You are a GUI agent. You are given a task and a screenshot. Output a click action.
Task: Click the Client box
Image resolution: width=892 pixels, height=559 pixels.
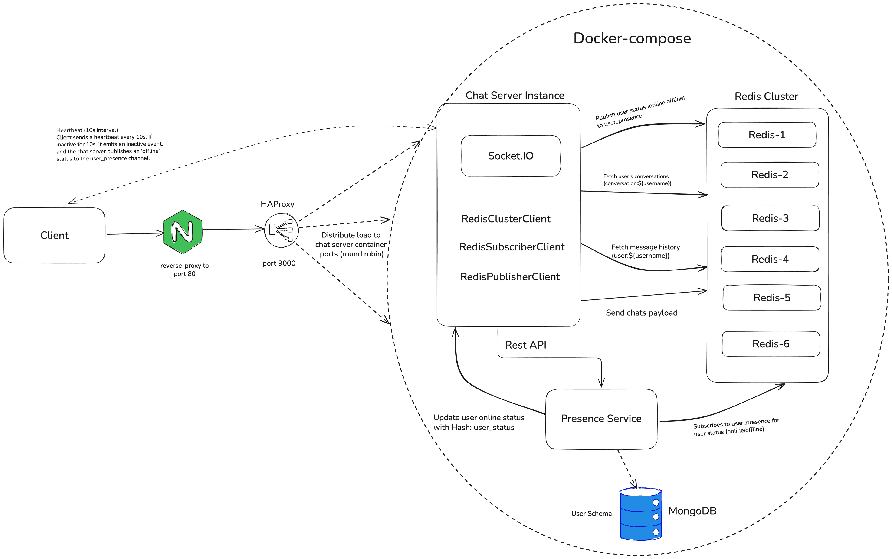[x=54, y=236]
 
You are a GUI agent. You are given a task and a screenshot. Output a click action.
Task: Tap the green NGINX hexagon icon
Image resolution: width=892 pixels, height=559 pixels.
[x=182, y=232]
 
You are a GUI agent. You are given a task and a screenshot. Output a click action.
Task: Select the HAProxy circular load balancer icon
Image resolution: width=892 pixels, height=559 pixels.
[x=281, y=230]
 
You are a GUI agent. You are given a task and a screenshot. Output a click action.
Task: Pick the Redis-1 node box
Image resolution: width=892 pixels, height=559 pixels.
[x=767, y=135]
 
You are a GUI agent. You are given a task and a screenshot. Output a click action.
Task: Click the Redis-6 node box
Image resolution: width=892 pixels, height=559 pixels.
[x=771, y=344]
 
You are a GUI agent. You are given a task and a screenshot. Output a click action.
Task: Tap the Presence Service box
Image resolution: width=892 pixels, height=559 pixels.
[x=601, y=419]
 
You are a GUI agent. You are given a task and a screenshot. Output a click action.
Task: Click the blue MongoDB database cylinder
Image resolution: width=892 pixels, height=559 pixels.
[x=640, y=514]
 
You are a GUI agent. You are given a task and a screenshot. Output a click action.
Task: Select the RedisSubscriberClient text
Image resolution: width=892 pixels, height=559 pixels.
[x=512, y=247]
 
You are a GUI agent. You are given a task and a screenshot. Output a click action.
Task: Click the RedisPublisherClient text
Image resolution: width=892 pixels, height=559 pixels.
[x=510, y=277]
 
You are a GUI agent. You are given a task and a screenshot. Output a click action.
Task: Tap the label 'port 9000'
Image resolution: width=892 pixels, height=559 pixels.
[x=279, y=263]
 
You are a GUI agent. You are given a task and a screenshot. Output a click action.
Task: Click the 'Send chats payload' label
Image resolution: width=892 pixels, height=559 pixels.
[x=642, y=313]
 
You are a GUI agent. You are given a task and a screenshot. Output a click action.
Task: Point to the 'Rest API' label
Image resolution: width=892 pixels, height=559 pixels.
[x=525, y=345]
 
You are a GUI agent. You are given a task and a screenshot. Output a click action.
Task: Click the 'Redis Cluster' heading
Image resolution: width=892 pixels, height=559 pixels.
[x=766, y=96]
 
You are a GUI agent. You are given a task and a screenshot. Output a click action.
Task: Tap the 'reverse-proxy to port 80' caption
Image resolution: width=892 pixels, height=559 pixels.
[x=184, y=270]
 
